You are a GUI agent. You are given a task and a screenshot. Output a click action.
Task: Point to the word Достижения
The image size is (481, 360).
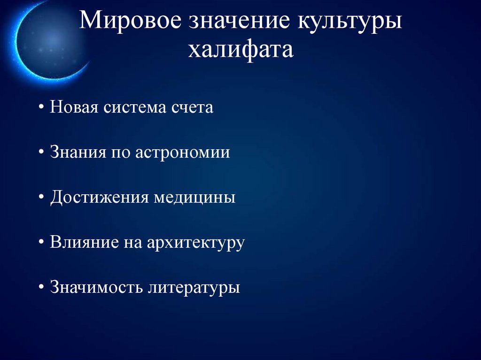(x=99, y=198)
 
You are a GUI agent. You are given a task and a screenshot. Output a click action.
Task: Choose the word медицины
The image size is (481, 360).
(x=194, y=198)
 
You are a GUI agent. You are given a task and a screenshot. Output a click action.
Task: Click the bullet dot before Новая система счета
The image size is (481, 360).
(x=42, y=108)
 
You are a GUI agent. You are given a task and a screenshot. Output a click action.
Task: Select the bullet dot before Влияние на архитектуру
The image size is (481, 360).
(x=42, y=243)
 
